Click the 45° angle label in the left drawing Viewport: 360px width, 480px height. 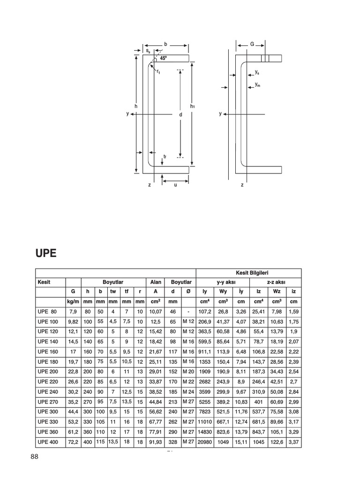[163, 59]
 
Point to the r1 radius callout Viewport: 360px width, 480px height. [158, 72]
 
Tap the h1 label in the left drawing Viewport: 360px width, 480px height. [192, 107]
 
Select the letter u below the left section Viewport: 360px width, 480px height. [175, 185]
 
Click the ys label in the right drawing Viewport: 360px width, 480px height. [257, 72]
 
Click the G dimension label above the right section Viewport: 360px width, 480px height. [252, 45]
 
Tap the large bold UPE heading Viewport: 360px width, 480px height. [46, 254]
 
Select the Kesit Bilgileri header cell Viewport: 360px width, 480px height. [248, 273]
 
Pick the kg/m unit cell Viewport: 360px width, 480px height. [73, 301]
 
